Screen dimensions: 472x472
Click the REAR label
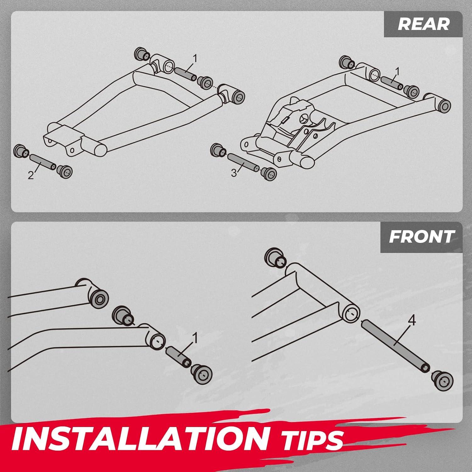(x=423, y=25)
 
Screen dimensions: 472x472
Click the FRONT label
(x=422, y=237)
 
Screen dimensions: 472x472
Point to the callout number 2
(x=31, y=175)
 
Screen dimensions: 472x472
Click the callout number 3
(x=234, y=173)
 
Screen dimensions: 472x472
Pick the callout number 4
(x=412, y=320)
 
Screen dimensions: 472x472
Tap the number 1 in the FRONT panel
(x=195, y=339)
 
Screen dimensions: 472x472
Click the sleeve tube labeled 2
(x=43, y=160)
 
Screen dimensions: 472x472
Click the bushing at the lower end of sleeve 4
(x=443, y=381)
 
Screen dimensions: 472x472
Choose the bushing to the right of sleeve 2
(x=65, y=171)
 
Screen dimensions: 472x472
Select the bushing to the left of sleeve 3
(x=217, y=150)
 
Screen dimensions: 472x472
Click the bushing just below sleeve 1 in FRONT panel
(x=202, y=374)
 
